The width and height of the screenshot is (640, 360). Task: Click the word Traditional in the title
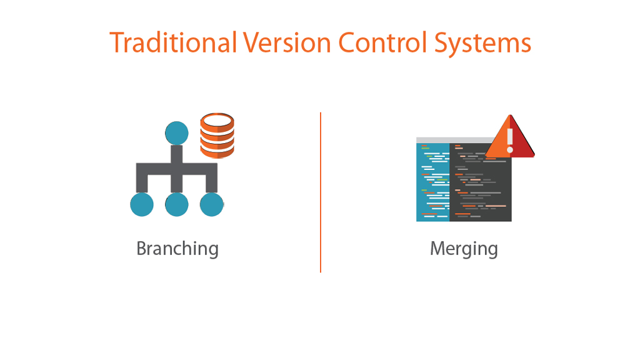click(x=174, y=42)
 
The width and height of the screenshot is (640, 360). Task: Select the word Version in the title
click(x=287, y=42)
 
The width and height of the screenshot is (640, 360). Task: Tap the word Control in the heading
click(x=383, y=42)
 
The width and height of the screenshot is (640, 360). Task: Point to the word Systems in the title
click(x=482, y=44)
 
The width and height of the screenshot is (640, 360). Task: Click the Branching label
click(x=177, y=249)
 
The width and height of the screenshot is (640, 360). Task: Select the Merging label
click(x=464, y=249)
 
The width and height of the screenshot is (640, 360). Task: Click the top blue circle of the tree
click(x=177, y=133)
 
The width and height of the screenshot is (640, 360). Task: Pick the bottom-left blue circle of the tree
click(x=142, y=204)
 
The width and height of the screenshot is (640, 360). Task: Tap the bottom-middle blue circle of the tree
click(x=177, y=204)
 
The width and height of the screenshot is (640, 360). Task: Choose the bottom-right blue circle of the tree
click(x=211, y=204)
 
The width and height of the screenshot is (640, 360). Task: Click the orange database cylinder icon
click(x=217, y=136)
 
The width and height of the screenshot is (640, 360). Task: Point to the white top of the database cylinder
click(x=217, y=121)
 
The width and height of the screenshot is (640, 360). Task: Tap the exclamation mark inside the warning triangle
click(x=510, y=141)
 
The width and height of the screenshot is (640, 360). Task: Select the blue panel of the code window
click(x=432, y=182)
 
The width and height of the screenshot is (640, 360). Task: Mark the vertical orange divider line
click(x=321, y=192)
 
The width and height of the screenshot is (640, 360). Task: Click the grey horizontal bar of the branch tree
click(x=177, y=169)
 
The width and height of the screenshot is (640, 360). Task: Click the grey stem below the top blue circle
click(x=177, y=154)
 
